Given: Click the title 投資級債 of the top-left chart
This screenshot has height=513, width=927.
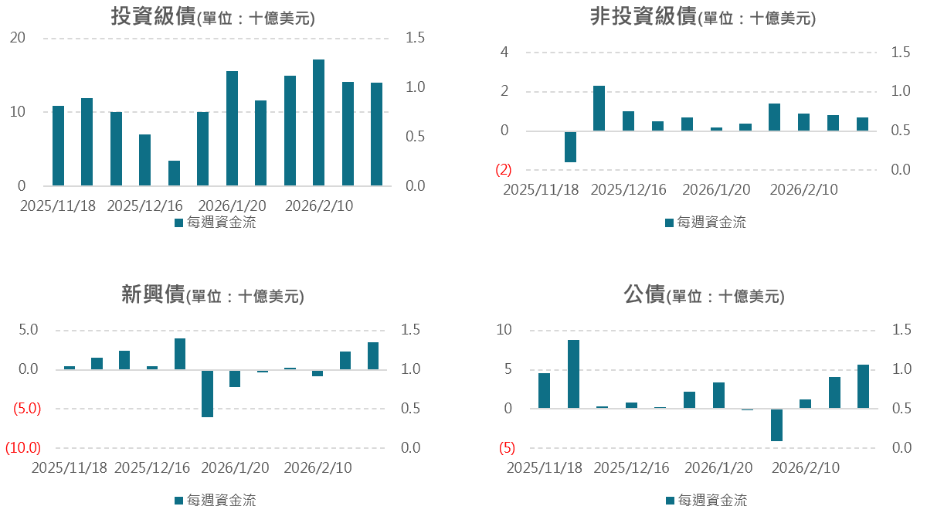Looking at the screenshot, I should (152, 17).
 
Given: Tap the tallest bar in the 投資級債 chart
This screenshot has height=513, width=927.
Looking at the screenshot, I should (318, 122).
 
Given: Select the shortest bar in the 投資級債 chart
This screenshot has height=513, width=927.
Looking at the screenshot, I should (174, 173).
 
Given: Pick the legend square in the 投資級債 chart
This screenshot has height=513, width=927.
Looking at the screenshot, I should (178, 223).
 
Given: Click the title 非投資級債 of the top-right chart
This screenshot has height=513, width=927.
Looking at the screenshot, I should (643, 17).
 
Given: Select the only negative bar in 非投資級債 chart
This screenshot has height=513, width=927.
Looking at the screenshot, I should (570, 147).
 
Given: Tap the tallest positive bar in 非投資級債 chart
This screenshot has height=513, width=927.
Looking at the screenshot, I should (599, 108).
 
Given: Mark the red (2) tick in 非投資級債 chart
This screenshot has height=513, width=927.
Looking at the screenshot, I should (504, 170).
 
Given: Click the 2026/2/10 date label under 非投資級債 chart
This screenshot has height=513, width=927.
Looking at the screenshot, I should (803, 190).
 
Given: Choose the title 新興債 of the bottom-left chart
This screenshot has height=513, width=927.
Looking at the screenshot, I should (153, 294).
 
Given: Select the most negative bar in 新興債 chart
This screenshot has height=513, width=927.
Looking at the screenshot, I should (207, 394).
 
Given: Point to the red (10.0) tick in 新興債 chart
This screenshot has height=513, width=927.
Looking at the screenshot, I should (23, 448).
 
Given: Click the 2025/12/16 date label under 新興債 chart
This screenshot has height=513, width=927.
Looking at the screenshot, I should (152, 468).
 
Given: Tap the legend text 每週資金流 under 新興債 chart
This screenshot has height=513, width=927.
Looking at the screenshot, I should (221, 500).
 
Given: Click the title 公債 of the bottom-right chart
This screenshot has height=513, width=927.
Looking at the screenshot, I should (644, 294).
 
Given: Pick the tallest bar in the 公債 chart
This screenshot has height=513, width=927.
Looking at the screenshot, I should (573, 374).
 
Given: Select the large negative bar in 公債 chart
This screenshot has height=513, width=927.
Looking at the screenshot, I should (776, 425).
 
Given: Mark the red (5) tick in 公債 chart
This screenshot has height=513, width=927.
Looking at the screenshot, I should (507, 448).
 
